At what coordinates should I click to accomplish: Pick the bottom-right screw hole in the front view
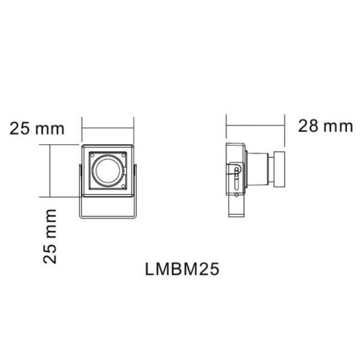tap(124, 187)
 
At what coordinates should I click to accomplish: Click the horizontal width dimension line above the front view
tap(107, 128)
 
